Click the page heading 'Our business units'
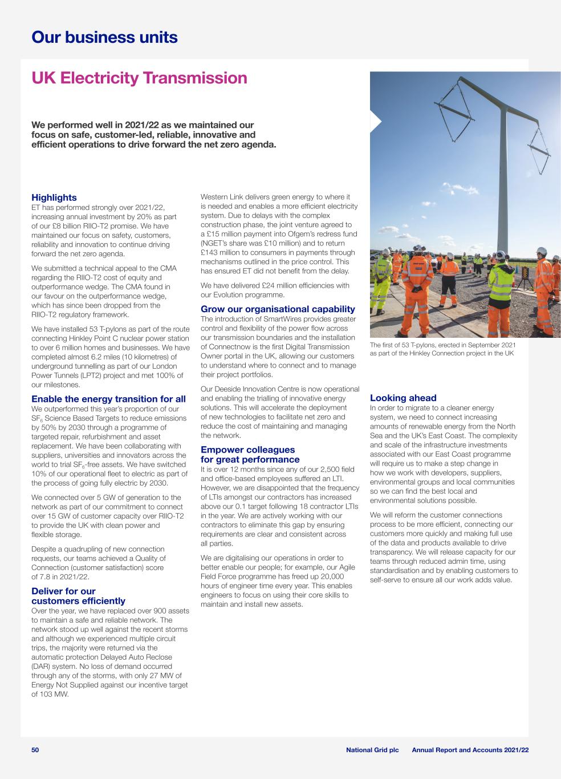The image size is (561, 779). tap(104, 38)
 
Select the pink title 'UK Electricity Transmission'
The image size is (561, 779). tap(139, 78)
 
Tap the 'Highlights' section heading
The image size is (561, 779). tap(54, 197)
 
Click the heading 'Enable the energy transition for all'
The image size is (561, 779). tap(108, 399)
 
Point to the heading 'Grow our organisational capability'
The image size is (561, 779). tap(278, 309)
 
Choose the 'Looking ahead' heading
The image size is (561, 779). tap(403, 398)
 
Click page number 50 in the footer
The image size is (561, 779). tap(35, 750)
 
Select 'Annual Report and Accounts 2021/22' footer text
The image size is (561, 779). tap(470, 750)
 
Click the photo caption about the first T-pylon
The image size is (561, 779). tap(442, 349)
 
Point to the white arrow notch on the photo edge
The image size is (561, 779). tap(375, 122)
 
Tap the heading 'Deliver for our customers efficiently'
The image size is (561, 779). tap(78, 596)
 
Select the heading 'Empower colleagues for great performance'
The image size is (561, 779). tap(250, 454)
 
